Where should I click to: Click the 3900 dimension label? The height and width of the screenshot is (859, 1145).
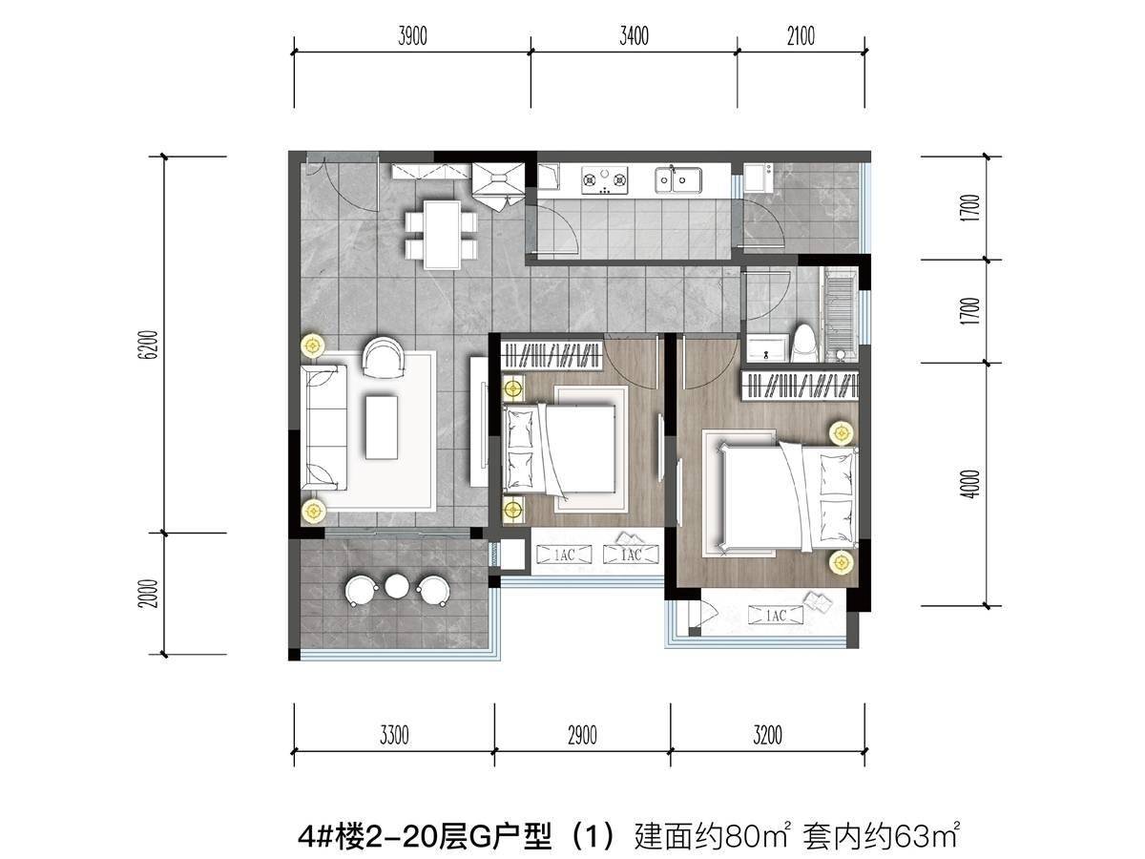pos(412,36)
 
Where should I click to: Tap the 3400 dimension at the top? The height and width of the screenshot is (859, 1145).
pos(634,36)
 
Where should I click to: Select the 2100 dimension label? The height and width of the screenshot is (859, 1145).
pos(801,36)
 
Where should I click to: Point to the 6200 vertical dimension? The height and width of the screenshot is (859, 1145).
pos(150,345)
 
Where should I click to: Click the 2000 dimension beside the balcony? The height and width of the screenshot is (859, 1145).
pos(150,594)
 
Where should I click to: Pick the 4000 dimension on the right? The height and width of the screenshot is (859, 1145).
pos(969,484)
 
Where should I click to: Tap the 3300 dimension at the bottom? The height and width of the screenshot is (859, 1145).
pos(394,735)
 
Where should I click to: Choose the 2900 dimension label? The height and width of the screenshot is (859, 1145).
pos(582,735)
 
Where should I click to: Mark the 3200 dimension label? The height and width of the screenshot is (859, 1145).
pos(767,735)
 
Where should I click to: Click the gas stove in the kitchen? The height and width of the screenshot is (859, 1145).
pos(604,180)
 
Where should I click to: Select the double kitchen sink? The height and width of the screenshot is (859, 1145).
pos(678,180)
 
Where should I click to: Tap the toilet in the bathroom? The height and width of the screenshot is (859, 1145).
pos(803,344)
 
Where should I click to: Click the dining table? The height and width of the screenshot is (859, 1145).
pos(442,235)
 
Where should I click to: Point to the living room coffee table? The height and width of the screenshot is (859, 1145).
pos(382,428)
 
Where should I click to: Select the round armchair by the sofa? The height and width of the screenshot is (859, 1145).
pos(384,357)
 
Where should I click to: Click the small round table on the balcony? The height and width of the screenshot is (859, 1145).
pos(397,586)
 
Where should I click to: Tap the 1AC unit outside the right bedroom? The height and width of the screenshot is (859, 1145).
pos(776,616)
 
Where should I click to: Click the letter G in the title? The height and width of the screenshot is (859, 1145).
pos(475,837)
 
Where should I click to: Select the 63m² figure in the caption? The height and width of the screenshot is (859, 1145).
pos(926,837)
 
